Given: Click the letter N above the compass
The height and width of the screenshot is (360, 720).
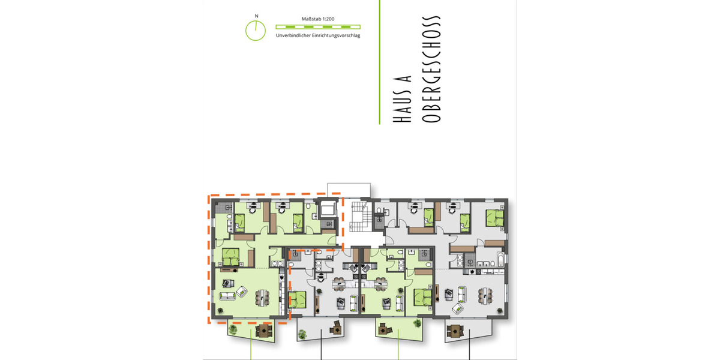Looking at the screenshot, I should coord(256,17).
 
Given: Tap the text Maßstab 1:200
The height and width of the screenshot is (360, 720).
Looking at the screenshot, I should coord(317,19).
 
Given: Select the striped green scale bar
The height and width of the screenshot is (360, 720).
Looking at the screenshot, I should coord(317,27).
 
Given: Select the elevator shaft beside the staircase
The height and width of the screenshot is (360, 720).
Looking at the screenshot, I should coord(329,210).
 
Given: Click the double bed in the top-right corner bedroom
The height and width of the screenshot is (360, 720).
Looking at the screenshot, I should coord(495,216).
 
